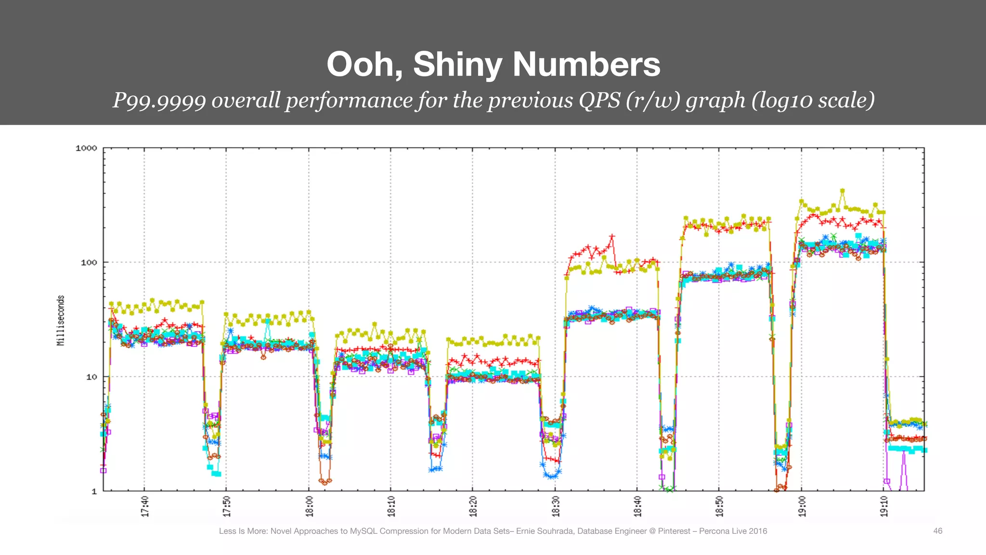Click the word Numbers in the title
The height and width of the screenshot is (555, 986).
click(x=586, y=64)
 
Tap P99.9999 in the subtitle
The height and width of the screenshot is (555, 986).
click(x=159, y=100)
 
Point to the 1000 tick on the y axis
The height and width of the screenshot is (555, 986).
click(x=86, y=148)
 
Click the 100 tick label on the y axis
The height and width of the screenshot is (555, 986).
click(x=89, y=263)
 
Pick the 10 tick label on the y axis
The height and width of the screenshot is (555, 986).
click(x=91, y=377)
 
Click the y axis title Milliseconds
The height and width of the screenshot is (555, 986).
click(x=61, y=320)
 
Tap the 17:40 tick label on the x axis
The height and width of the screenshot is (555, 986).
click(x=145, y=506)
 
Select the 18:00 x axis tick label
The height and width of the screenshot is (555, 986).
click(x=309, y=506)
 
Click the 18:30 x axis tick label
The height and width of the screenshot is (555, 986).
click(x=556, y=506)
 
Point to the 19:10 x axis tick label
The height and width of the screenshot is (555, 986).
click(x=884, y=506)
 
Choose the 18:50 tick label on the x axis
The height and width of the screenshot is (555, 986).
click(x=719, y=506)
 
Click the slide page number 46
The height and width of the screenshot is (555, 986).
click(x=937, y=531)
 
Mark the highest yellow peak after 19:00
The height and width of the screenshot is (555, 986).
click(x=842, y=191)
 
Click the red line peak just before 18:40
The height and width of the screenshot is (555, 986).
click(x=612, y=237)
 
